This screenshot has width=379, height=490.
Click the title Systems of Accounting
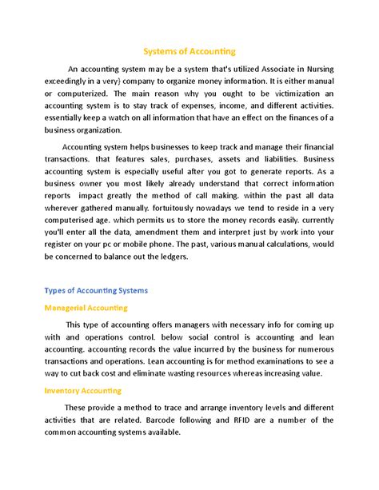[x=189, y=51]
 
